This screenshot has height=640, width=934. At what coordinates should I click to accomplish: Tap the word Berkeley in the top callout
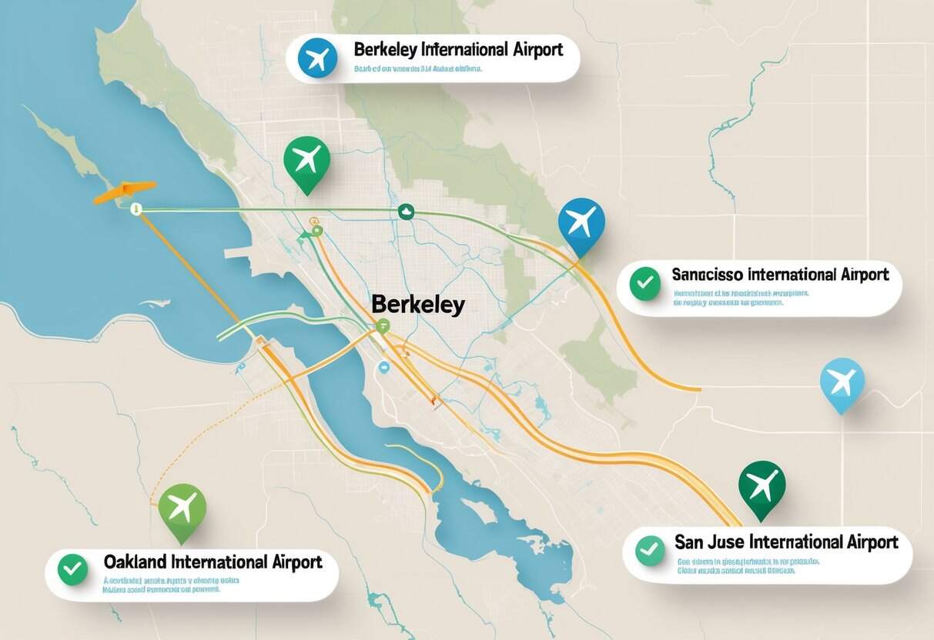[386, 50]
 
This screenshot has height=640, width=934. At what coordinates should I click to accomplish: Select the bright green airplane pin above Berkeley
[306, 159]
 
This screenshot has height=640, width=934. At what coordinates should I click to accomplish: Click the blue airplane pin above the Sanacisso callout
[581, 222]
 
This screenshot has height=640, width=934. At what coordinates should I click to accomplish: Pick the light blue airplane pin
[842, 381]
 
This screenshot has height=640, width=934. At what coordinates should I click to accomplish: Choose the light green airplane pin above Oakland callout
[182, 508]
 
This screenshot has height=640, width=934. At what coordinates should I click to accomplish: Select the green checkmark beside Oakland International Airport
[73, 569]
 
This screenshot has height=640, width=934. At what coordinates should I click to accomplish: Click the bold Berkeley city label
[417, 305]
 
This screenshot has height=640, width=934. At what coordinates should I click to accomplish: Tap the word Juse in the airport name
[725, 542]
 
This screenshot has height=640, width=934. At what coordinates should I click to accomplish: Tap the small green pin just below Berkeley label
[383, 326]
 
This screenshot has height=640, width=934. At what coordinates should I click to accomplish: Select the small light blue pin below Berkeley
[381, 368]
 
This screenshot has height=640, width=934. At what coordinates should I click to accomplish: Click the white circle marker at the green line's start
[136, 208]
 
